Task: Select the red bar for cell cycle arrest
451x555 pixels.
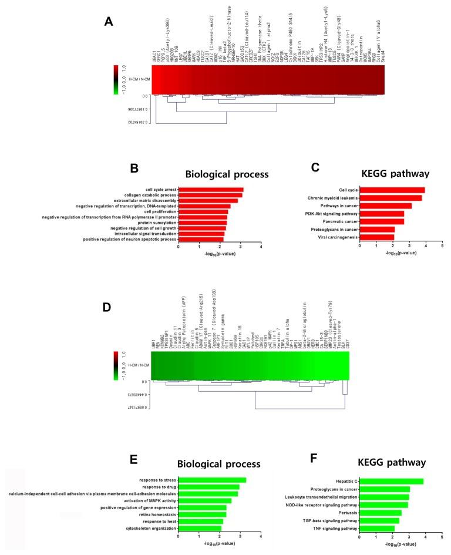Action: coord(210,190)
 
